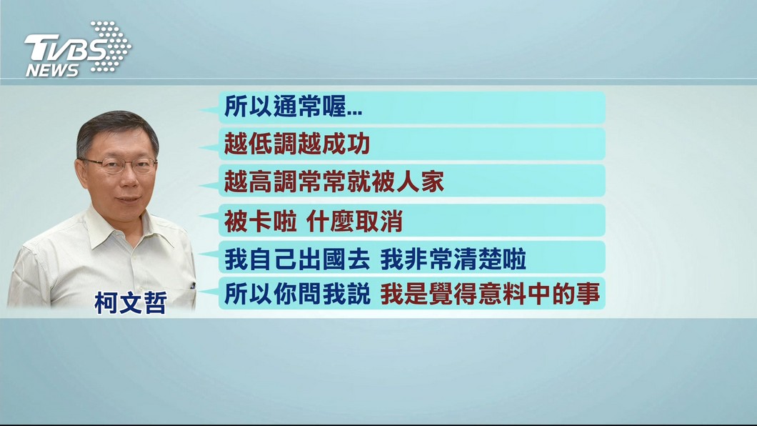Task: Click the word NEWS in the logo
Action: point(52,71)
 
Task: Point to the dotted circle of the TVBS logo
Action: point(111,46)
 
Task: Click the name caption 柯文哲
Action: point(131,303)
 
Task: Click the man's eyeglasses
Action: point(119,164)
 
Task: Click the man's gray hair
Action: point(117,130)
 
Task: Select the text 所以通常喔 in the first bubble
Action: point(285,106)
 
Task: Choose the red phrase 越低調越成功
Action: point(297,144)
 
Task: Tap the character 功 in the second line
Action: point(359,144)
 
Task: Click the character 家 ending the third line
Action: point(432,182)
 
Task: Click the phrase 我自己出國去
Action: point(297,259)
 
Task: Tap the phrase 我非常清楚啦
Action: point(453,259)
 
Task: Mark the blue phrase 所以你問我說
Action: point(297,294)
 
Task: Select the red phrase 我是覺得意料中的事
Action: point(490,294)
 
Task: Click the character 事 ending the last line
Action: point(588,294)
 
